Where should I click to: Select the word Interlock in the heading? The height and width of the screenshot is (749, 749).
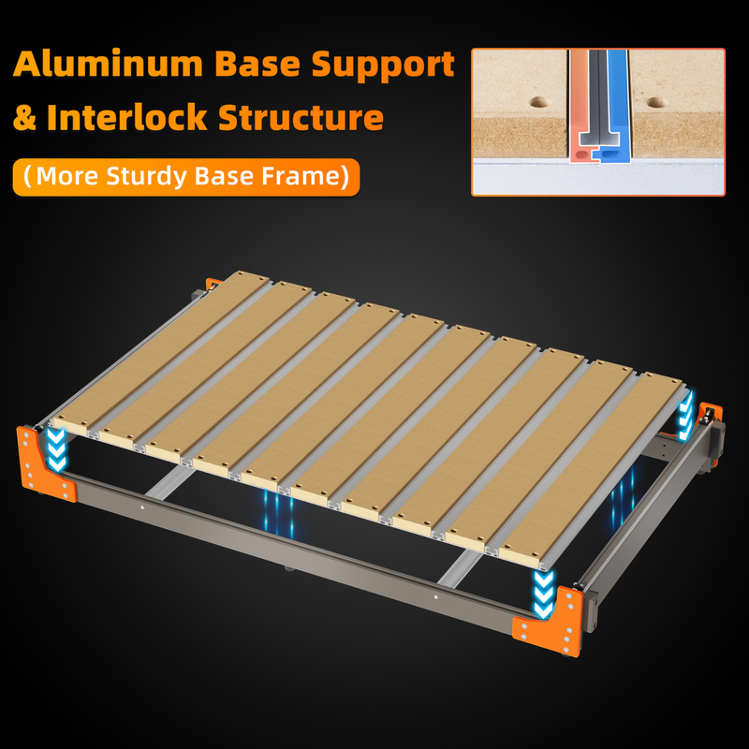click(x=128, y=119)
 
